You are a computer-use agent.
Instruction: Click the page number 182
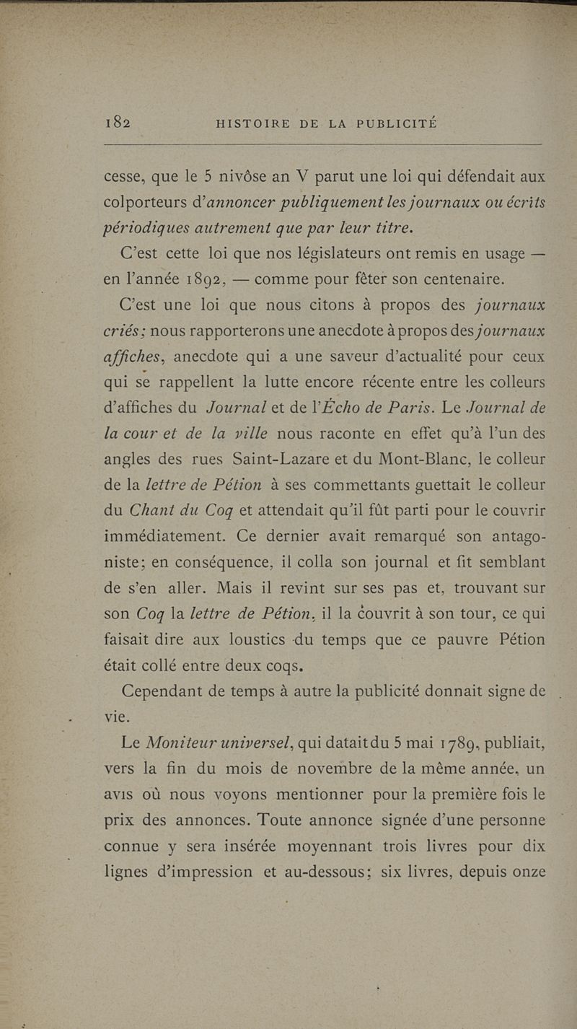point(116,123)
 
